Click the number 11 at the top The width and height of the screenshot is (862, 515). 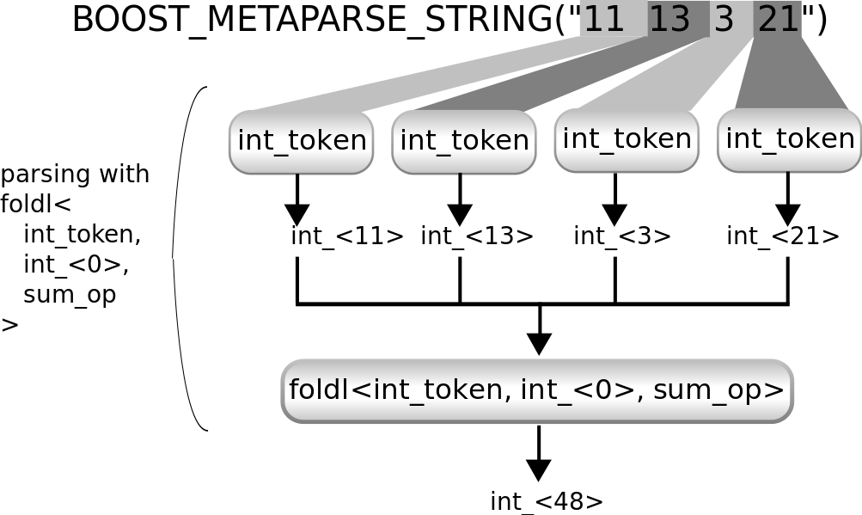click(603, 19)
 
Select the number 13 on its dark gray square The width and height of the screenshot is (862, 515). click(669, 19)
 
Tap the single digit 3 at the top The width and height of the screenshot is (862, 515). click(724, 19)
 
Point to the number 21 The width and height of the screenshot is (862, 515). click(779, 19)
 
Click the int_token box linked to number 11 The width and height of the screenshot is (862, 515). click(302, 141)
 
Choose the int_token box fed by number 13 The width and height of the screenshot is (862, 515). click(464, 141)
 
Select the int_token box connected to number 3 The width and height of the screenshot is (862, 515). click(627, 139)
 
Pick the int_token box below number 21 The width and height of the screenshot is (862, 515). click(790, 139)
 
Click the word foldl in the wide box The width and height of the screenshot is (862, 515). click(319, 390)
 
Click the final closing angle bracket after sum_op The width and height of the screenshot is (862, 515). click(777, 391)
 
